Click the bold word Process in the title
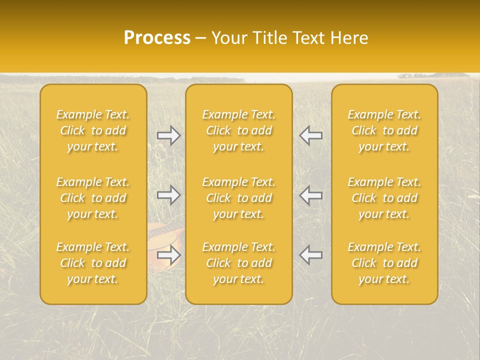click(157, 38)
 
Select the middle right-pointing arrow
click(168, 195)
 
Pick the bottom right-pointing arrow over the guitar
click(168, 255)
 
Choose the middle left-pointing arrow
click(311, 195)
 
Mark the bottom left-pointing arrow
click(311, 255)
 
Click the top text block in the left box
click(93, 130)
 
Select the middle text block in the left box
click(93, 198)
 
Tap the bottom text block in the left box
click(93, 263)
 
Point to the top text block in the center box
click(238, 130)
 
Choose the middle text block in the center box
click(238, 198)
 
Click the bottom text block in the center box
click(238, 263)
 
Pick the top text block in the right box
click(384, 130)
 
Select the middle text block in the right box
click(384, 198)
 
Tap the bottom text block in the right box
click(384, 263)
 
